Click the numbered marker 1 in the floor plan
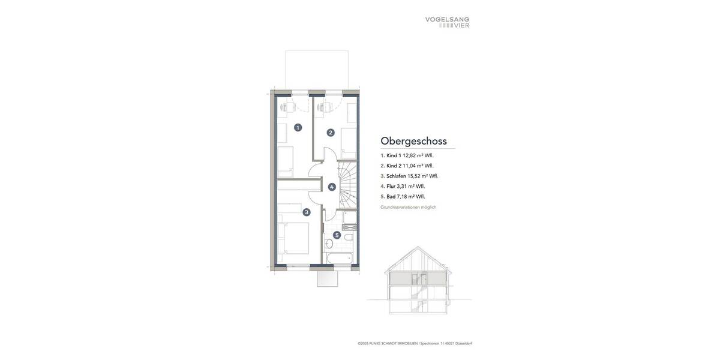click(x=298, y=127)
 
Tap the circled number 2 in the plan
click(x=330, y=133)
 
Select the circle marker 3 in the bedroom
click(x=307, y=212)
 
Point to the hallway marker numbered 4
click(x=332, y=187)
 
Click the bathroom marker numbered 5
click(x=337, y=235)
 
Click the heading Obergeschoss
click(x=413, y=141)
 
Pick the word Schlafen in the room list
click(x=397, y=176)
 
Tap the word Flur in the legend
click(x=392, y=186)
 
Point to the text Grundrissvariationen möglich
click(x=408, y=207)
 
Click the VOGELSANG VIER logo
click(x=447, y=22)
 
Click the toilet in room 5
click(x=328, y=244)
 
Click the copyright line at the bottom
click(x=415, y=344)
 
